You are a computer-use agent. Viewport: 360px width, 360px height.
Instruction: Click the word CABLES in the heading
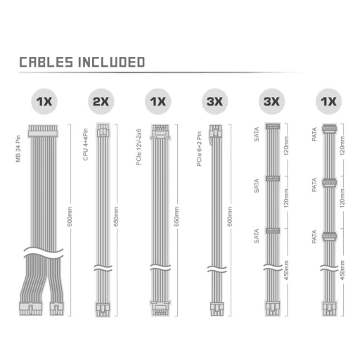(46, 62)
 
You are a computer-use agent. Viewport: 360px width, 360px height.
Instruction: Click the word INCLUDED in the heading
(111, 62)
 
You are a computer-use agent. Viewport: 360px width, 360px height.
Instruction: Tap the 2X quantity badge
(101, 101)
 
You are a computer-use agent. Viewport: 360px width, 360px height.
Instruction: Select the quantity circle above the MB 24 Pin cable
(44, 101)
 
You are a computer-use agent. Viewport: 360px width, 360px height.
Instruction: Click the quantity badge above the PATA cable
(328, 101)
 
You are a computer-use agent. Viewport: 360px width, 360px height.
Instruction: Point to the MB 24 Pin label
(18, 149)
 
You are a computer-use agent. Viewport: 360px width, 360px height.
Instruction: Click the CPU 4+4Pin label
(86, 145)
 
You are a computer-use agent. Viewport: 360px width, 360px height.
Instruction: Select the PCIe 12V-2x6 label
(139, 147)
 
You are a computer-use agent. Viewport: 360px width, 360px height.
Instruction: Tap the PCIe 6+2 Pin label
(199, 149)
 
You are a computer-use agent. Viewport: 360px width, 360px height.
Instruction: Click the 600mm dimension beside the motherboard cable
(70, 217)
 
